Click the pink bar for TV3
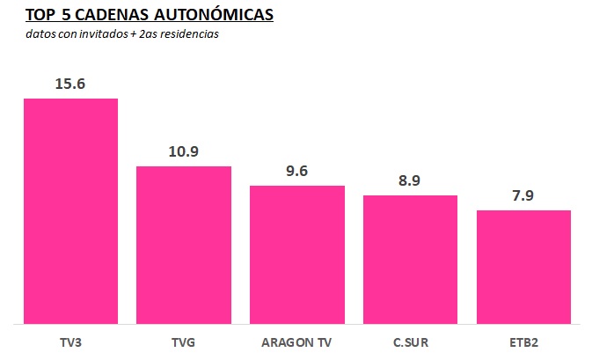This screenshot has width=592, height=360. point(70,211)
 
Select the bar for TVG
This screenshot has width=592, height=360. point(184,245)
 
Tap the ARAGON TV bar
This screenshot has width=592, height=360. point(297,254)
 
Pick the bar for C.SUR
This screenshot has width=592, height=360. point(410,260)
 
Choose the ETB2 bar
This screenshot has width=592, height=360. point(523,267)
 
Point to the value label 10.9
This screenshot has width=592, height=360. point(184,151)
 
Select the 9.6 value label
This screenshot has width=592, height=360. point(297,171)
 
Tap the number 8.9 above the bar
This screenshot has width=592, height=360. point(410,180)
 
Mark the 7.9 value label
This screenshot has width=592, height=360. point(523,195)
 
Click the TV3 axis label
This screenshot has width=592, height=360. point(70,340)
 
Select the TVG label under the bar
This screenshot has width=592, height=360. point(184,340)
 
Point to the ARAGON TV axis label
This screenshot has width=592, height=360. point(297,340)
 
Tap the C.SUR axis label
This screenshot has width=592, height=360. point(410,340)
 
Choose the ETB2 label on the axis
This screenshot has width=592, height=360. point(523,340)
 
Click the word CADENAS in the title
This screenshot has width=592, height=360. point(117,15)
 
